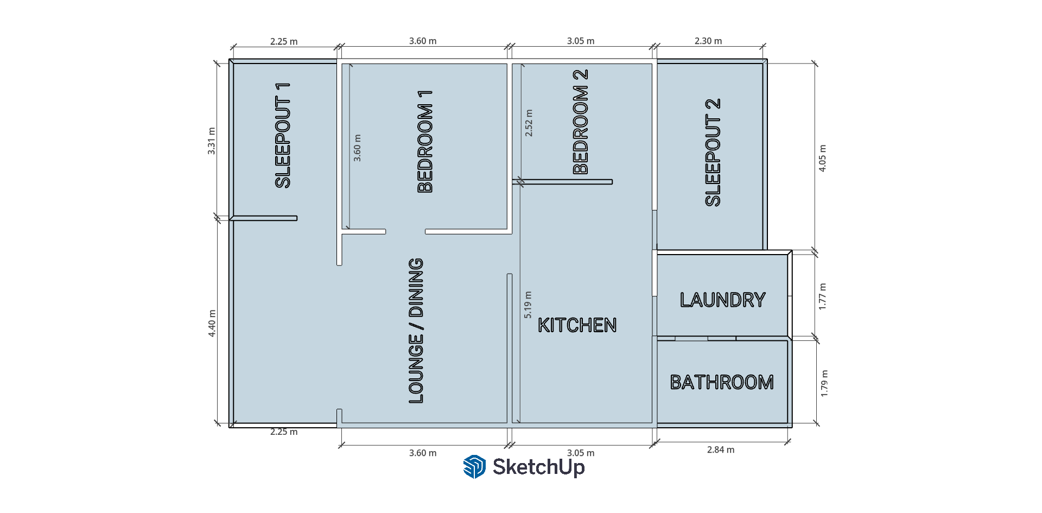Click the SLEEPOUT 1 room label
point(283,136)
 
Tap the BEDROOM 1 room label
point(425,142)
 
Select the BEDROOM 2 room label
point(581,122)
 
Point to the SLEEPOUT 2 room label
point(713,153)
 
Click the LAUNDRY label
point(722,300)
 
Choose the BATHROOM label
point(722,382)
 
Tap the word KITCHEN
point(577,325)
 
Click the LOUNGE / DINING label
point(416,331)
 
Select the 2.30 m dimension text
point(708,41)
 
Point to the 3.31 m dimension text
point(212,141)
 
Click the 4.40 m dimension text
point(212,324)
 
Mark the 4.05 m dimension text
point(823,159)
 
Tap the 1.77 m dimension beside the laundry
point(823,296)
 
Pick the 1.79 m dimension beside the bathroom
point(824,383)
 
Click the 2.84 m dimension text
point(721,449)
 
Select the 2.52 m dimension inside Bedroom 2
point(529,123)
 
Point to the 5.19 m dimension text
point(528,305)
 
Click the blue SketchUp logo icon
point(474,467)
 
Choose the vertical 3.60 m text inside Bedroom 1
point(357,148)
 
